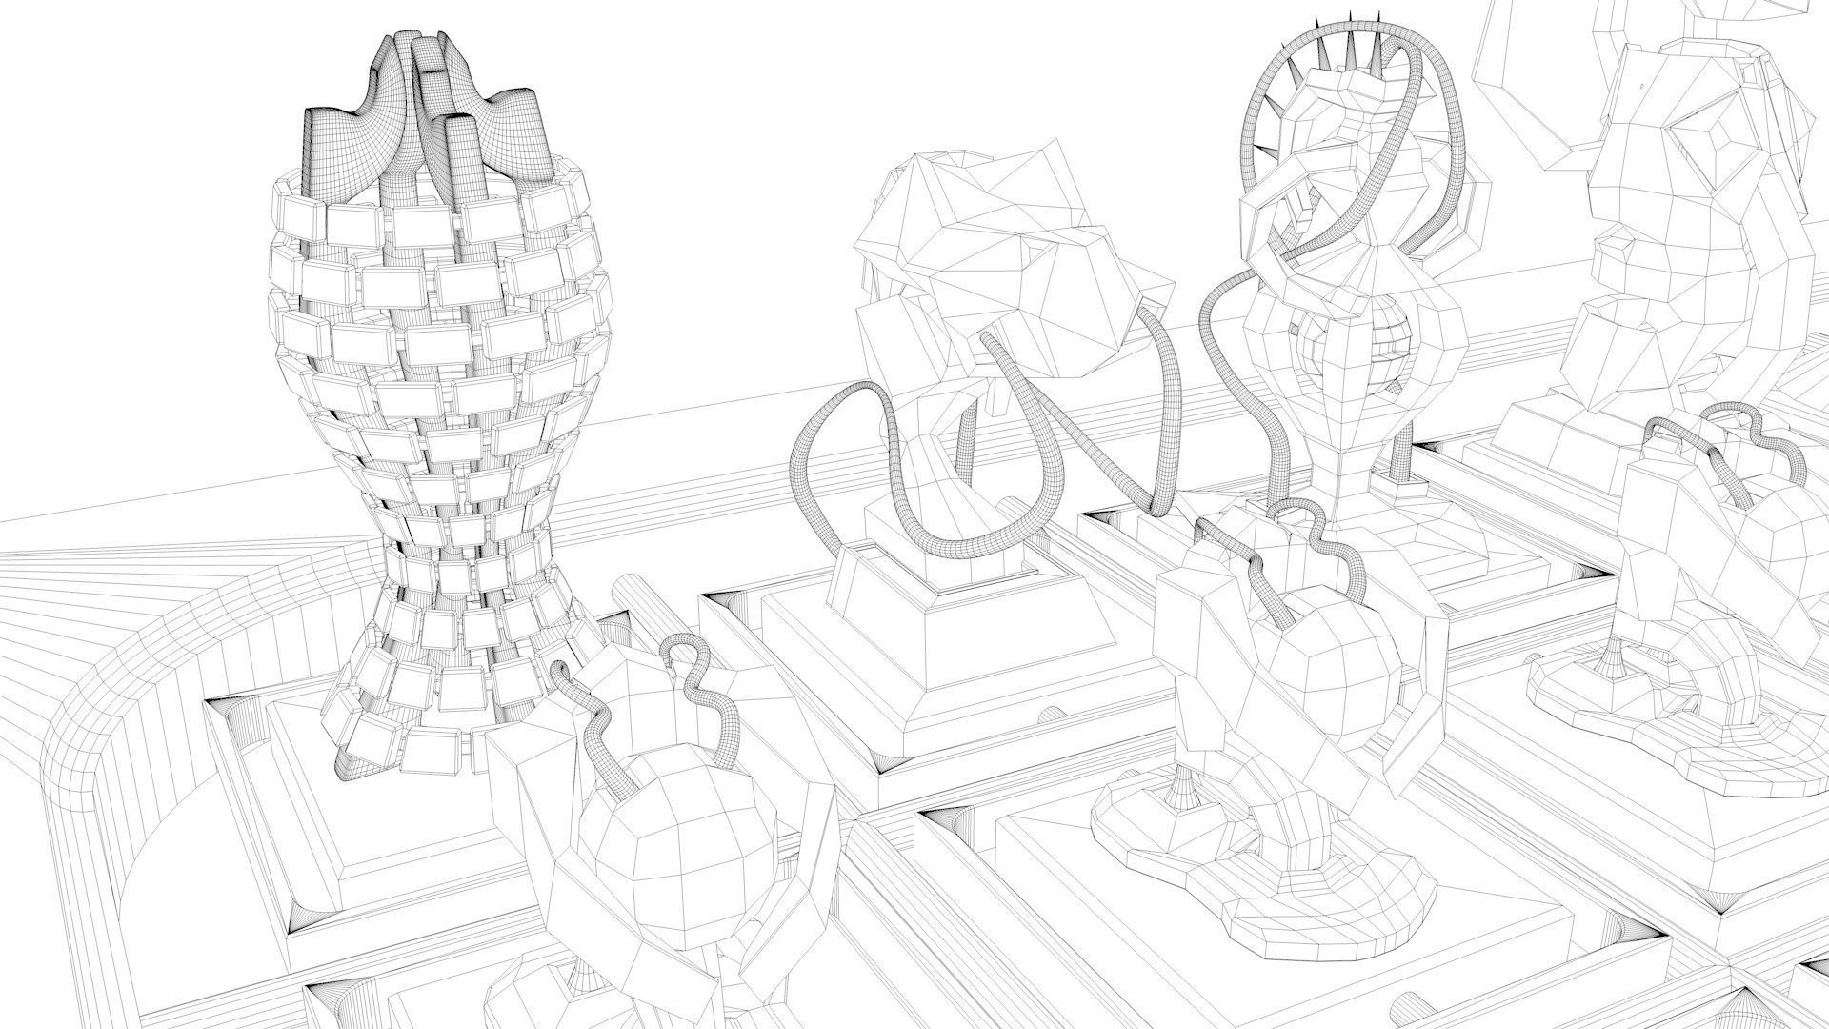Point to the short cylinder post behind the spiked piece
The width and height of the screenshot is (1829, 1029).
[1400, 467]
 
